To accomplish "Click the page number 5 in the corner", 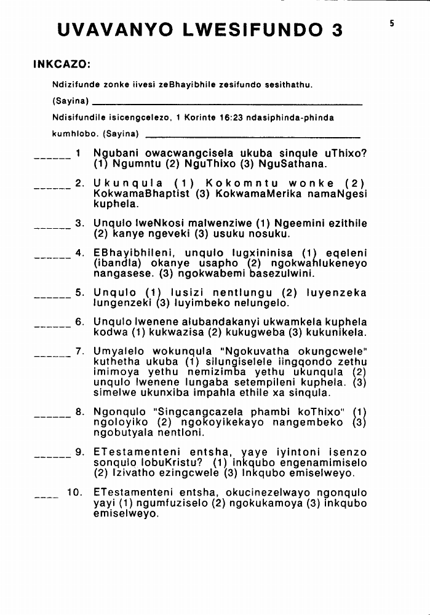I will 391,23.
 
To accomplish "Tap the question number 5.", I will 79,293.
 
